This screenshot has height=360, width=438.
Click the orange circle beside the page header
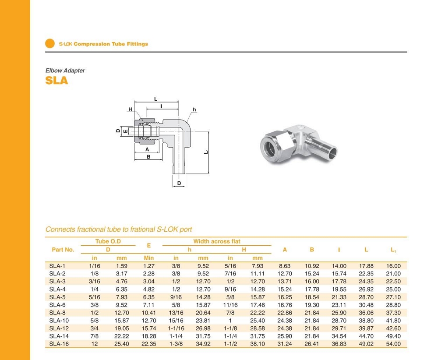click(50, 43)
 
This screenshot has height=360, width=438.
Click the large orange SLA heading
click(57, 81)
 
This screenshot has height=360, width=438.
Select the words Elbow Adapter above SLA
click(65, 71)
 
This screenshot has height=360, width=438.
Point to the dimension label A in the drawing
click(147, 149)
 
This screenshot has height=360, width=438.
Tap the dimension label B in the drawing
click(148, 156)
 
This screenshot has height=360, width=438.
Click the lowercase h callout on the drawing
click(194, 109)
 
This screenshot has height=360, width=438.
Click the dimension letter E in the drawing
click(126, 131)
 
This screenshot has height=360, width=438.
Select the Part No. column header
click(63, 250)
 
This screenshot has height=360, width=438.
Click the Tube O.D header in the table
click(108, 241)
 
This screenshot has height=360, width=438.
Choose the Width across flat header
click(217, 241)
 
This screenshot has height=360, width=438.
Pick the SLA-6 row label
click(57, 305)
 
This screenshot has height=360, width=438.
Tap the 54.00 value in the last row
click(393, 344)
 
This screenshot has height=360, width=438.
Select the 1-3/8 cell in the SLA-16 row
click(176, 344)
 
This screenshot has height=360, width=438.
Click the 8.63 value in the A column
click(285, 266)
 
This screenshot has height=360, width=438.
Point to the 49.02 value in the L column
click(366, 344)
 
